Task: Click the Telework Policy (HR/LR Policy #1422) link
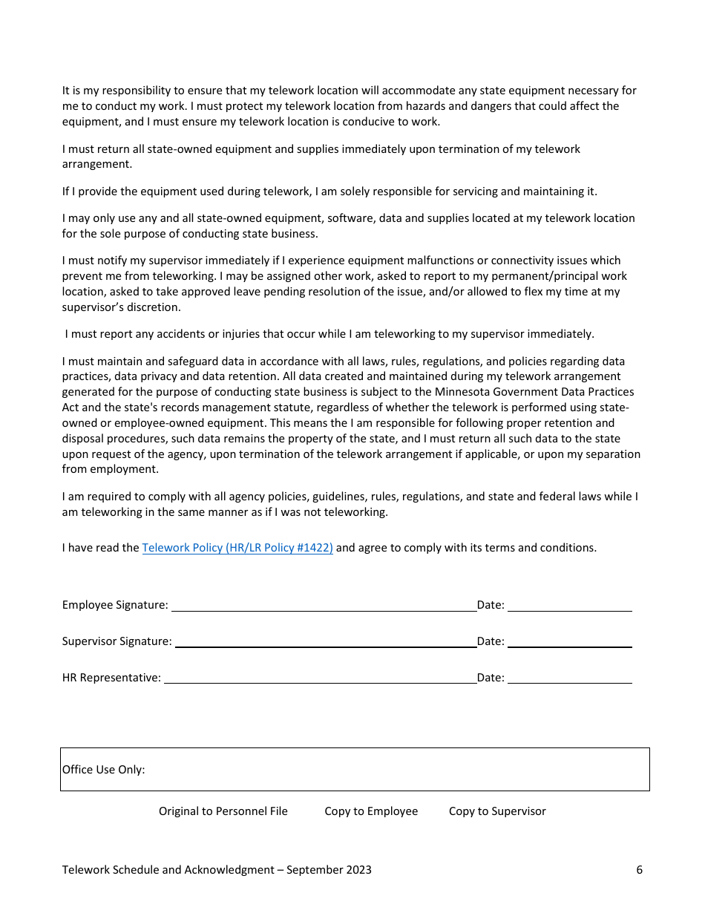[x=237, y=548]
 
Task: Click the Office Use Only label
[x=104, y=770]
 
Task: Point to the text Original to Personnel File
[x=223, y=811]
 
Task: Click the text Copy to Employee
[x=371, y=811]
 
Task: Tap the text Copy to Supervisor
[x=497, y=811]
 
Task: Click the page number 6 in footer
[x=639, y=870]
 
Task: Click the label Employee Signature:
[x=115, y=605]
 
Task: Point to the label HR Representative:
[x=111, y=678]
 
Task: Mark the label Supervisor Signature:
[x=117, y=641]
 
